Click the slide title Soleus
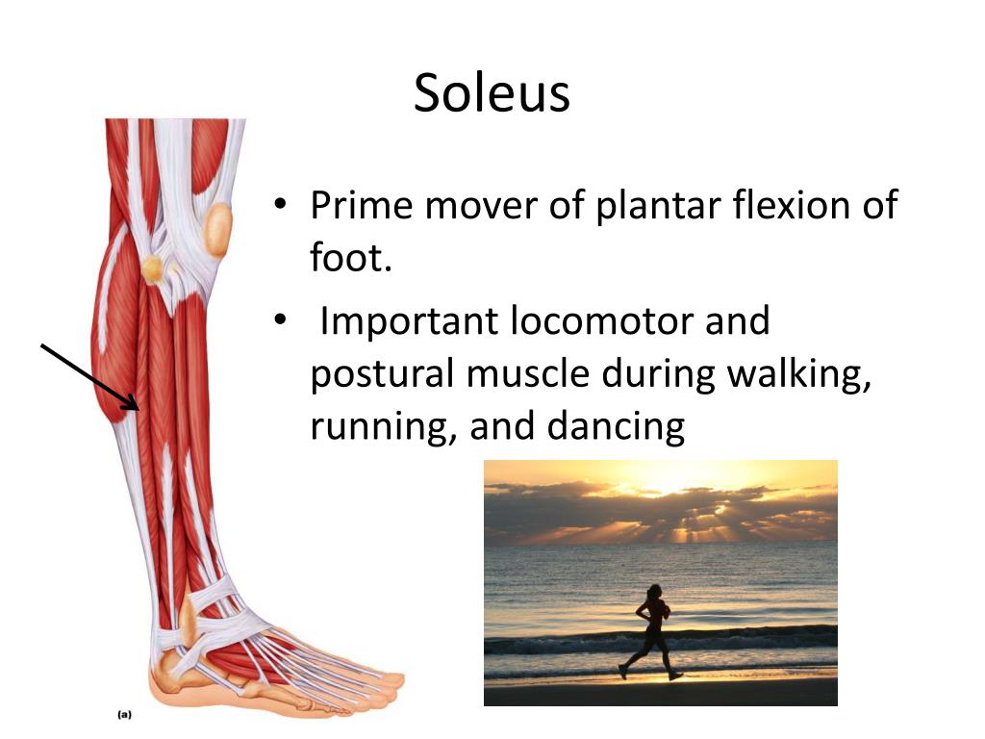(x=492, y=93)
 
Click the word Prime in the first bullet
(x=359, y=205)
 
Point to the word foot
(x=348, y=258)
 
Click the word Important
(x=409, y=321)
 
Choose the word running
(x=382, y=426)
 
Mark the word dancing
(x=616, y=426)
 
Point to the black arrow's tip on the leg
(x=138, y=409)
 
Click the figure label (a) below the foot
(x=124, y=715)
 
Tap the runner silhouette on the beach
(x=651, y=631)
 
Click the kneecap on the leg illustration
(x=219, y=229)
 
